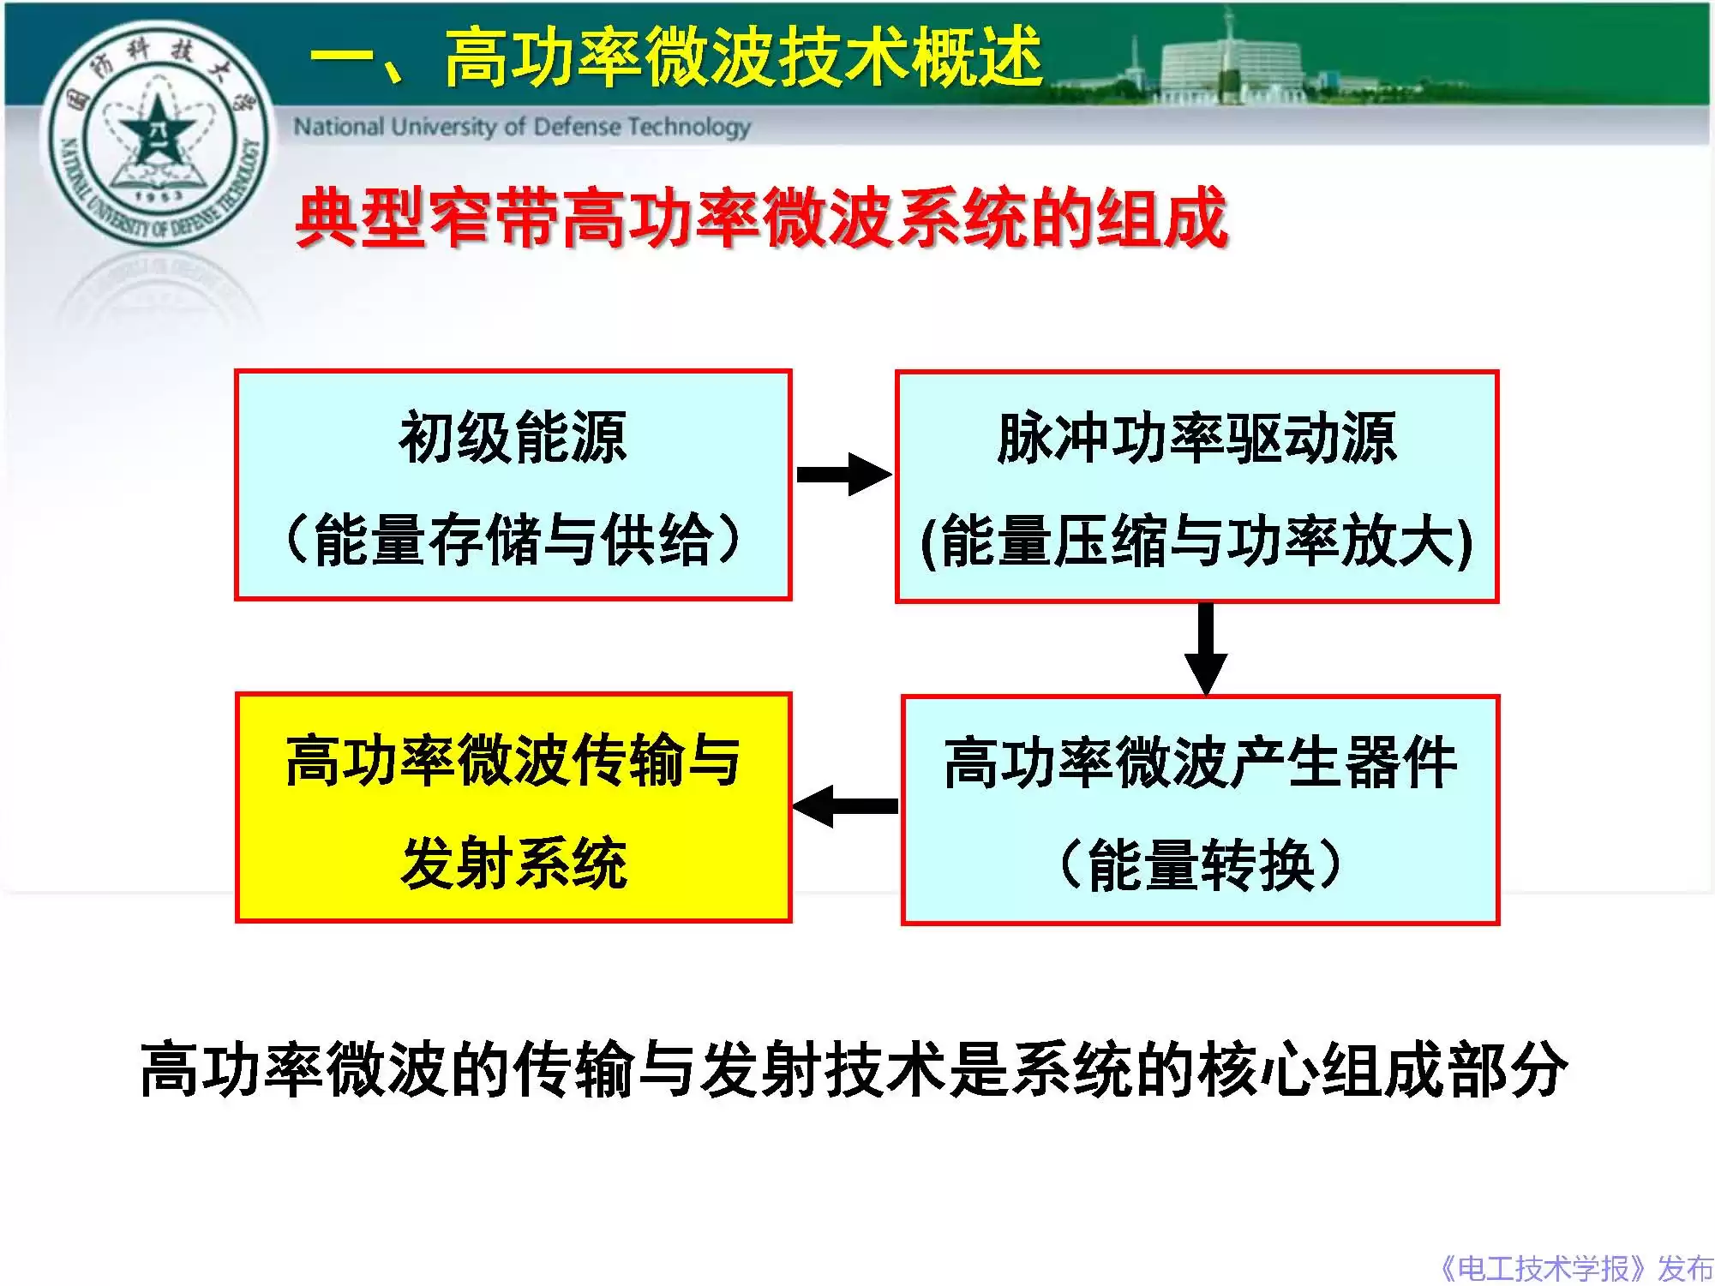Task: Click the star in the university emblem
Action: tap(155, 129)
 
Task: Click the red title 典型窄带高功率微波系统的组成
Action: tap(761, 218)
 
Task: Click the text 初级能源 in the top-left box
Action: tap(513, 438)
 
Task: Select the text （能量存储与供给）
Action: tap(513, 540)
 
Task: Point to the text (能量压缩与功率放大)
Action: tap(1196, 541)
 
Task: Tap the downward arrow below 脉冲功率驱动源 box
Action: tap(1205, 649)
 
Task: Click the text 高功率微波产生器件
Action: tap(1200, 762)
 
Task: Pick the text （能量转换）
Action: tap(1200, 864)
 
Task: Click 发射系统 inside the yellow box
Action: tap(513, 863)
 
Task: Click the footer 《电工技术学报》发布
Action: tap(1575, 1267)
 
